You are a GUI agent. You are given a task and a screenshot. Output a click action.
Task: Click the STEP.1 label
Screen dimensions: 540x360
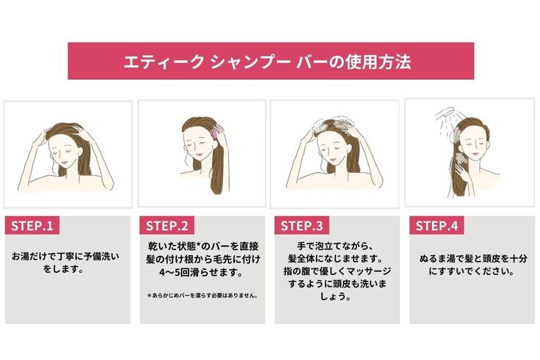[32, 226]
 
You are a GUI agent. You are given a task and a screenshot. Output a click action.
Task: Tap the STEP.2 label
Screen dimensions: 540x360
[167, 226]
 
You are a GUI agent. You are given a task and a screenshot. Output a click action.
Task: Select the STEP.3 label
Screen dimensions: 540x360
[302, 226]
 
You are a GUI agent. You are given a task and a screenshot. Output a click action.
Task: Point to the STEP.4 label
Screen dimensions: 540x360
[437, 226]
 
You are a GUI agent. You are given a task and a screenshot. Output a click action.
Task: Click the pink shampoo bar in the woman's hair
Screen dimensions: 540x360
[215, 131]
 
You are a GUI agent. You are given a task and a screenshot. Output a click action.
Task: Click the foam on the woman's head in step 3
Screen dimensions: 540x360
[332, 123]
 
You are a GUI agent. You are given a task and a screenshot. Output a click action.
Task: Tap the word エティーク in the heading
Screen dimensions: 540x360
[164, 62]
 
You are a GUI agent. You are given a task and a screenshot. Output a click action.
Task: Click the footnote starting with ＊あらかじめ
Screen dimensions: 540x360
[202, 295]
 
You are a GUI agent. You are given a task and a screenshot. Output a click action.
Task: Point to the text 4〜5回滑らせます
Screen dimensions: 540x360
[202, 273]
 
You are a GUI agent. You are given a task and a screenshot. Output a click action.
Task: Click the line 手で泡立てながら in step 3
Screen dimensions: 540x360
[334, 246]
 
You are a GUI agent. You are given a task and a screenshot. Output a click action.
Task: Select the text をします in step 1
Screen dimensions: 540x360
[64, 269]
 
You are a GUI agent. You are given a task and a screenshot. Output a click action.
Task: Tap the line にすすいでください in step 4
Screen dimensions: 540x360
[472, 271]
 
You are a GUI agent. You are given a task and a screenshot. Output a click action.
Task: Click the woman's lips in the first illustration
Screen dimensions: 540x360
[64, 161]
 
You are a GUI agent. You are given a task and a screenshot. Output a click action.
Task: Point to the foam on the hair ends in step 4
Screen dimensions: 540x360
[461, 158]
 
